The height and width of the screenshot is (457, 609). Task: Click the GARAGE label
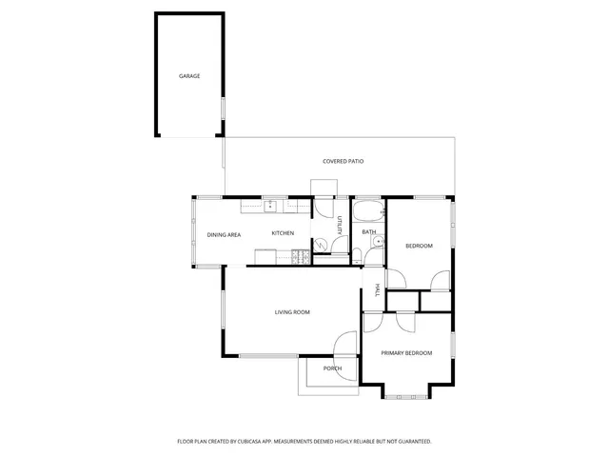[189, 75]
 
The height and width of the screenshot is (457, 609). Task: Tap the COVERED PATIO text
[343, 161]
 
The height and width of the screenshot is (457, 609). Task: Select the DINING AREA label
[224, 234]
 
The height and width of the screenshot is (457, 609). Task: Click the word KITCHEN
[283, 233]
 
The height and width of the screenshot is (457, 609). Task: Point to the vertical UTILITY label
[339, 226]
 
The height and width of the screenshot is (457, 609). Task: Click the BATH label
[368, 232]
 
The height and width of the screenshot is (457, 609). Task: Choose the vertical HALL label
[377, 290]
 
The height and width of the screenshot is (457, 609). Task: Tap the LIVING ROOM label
[292, 312]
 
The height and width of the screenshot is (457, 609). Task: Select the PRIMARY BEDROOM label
[406, 353]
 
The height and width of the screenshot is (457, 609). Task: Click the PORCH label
[332, 368]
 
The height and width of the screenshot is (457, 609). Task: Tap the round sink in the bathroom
[378, 243]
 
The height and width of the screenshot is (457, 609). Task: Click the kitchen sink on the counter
[270, 204]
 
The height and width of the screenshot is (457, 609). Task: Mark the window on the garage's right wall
[223, 109]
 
